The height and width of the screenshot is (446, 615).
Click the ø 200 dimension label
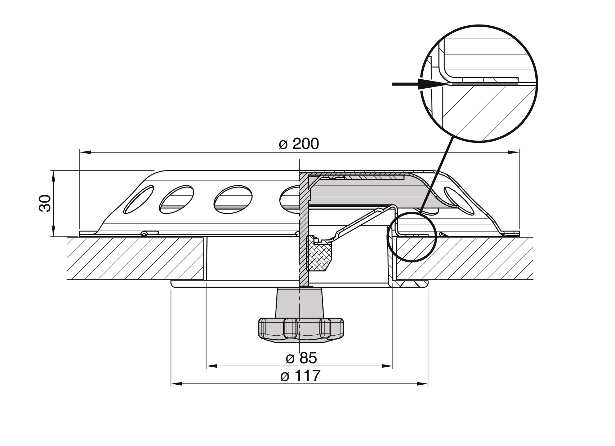coord(299,144)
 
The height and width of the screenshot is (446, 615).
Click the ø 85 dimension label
coord(301,358)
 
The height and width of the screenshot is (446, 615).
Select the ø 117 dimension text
coord(300,376)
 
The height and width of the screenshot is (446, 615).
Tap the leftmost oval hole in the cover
coord(138,199)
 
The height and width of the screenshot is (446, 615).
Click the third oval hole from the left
coord(233,199)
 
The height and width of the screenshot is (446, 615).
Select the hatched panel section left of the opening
coord(135,258)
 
